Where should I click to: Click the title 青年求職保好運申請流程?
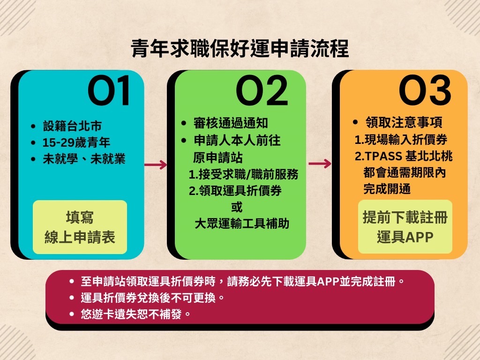(x=240, y=48)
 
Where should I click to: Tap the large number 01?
(x=109, y=90)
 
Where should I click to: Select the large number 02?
(x=262, y=90)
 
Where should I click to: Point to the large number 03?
(x=425, y=90)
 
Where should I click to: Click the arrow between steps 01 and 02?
(x=156, y=165)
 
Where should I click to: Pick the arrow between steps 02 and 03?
(x=320, y=164)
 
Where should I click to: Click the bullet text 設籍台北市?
(x=72, y=126)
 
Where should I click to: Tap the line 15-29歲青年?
(x=76, y=142)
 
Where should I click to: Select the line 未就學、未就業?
(x=84, y=159)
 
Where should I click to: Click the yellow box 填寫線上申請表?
(x=80, y=227)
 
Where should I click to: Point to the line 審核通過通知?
(x=231, y=123)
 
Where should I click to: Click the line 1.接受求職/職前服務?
(x=244, y=174)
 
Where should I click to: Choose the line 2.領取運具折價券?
(x=235, y=191)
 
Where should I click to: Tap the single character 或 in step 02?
(x=237, y=207)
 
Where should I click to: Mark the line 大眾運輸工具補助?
(x=242, y=224)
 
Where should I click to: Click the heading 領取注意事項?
(x=404, y=122)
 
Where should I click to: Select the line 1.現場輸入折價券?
(x=401, y=140)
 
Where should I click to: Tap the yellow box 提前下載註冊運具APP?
(x=405, y=227)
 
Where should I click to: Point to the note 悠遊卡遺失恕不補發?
(x=135, y=314)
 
